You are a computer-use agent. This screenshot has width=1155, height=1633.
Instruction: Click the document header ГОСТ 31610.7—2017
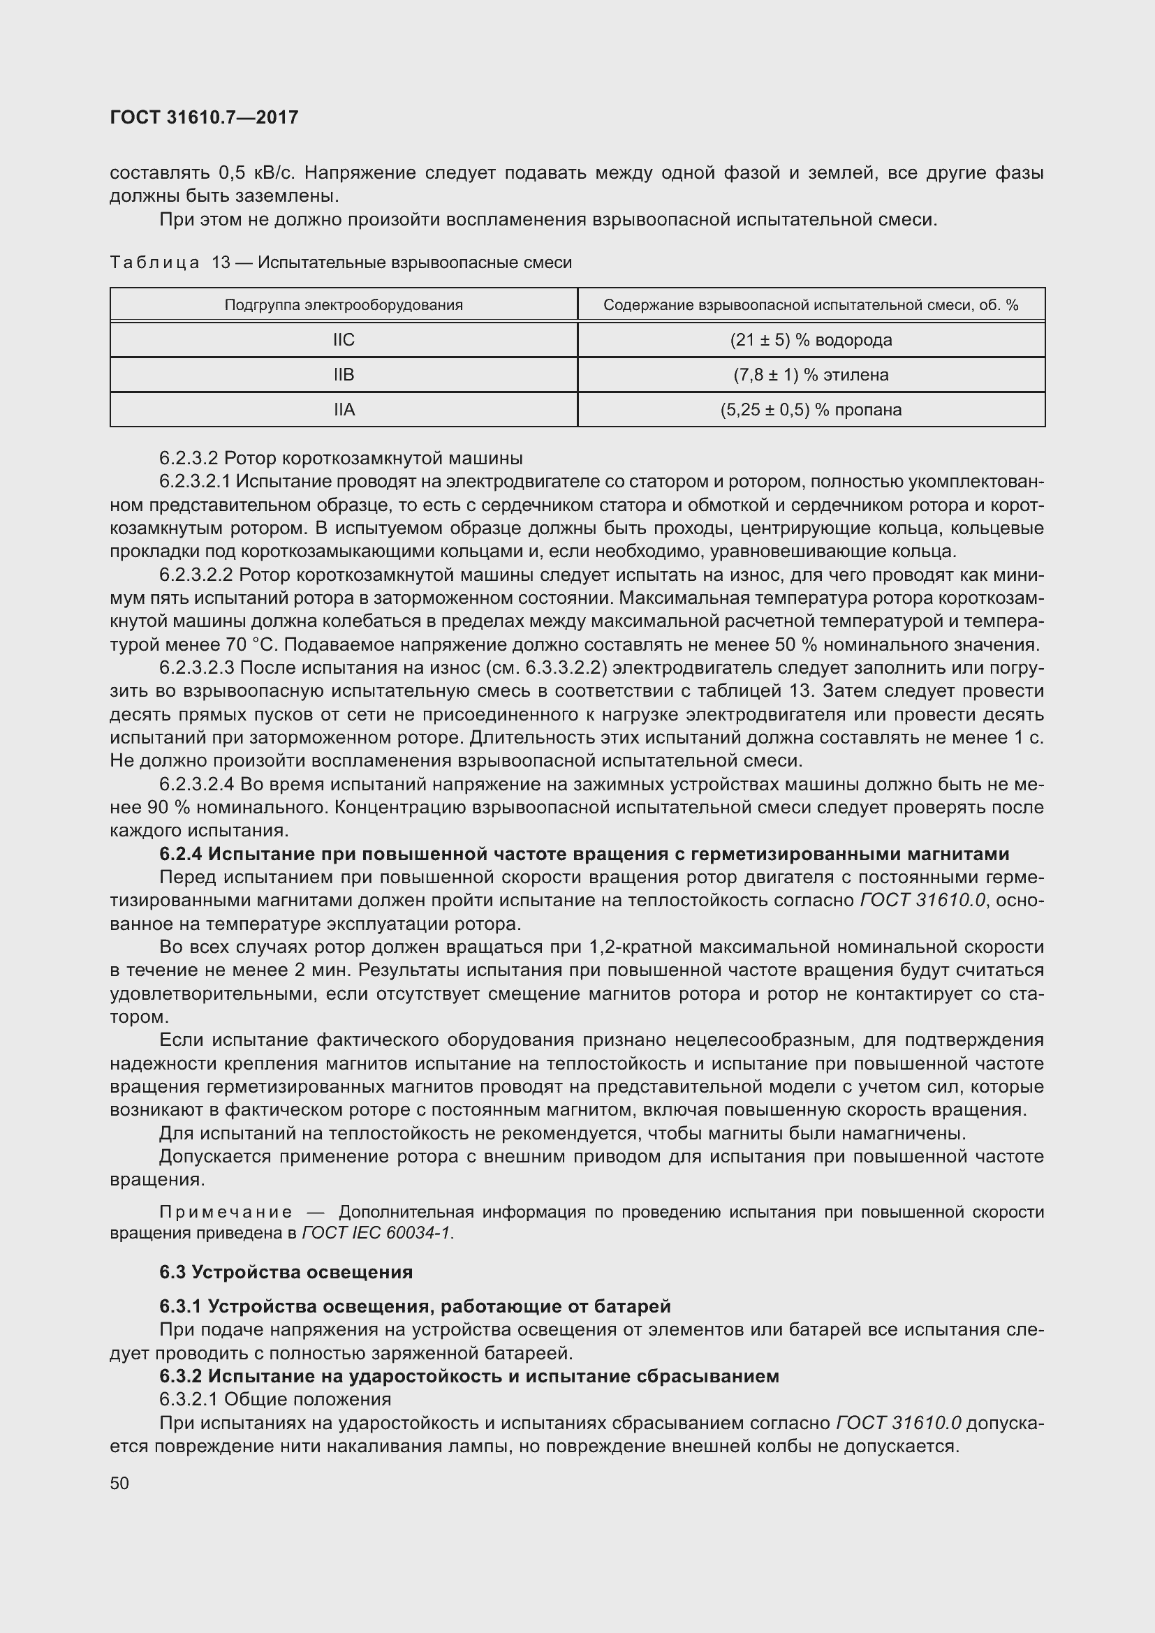[204, 117]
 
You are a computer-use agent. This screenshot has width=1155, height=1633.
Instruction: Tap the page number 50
[119, 1483]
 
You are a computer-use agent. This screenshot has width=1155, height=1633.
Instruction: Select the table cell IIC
[344, 340]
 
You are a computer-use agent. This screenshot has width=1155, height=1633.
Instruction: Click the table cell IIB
[344, 375]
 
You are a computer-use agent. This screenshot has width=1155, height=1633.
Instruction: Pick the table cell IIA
[344, 410]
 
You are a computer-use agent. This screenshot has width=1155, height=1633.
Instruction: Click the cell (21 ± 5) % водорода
[811, 340]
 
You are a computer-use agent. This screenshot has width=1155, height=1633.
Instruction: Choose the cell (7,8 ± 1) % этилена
[811, 375]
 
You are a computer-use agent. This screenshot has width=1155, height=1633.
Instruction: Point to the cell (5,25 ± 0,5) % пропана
[811, 410]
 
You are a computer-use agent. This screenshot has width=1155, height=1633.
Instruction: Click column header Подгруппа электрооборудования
[344, 305]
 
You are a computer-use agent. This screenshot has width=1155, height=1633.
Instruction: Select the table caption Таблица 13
[170, 263]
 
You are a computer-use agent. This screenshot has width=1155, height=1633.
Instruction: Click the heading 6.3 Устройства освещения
[286, 1271]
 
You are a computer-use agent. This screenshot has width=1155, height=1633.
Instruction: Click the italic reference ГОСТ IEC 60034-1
[377, 1232]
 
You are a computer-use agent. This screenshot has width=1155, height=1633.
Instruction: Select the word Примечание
[226, 1212]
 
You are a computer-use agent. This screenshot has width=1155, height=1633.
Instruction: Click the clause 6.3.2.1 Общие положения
[275, 1399]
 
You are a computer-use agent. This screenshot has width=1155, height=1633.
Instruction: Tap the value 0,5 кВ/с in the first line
[257, 173]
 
